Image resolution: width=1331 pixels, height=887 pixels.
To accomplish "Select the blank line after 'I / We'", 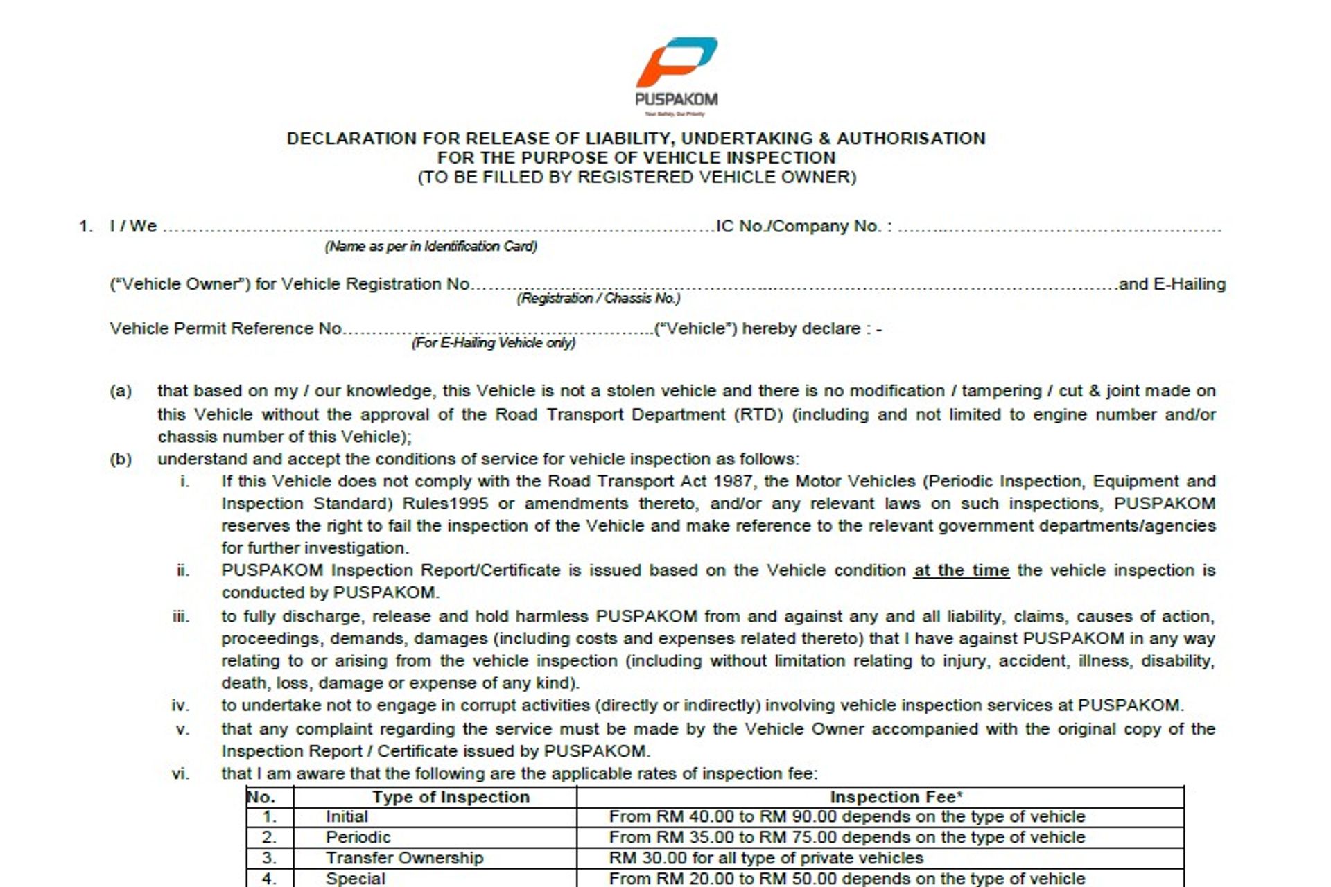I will (x=437, y=227).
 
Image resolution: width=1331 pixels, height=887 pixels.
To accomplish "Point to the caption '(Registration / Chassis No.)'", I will (x=598, y=299).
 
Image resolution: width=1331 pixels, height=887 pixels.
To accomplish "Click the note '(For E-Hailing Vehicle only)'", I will (x=494, y=343).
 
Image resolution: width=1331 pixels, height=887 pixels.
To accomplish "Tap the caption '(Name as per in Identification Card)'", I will (x=430, y=247).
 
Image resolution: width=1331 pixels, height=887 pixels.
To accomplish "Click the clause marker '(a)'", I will (x=121, y=391).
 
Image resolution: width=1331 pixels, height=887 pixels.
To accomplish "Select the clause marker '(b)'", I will (x=121, y=459).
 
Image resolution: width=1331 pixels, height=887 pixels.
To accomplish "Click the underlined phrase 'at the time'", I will (x=961, y=570).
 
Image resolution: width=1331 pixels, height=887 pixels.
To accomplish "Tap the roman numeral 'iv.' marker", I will (x=180, y=705).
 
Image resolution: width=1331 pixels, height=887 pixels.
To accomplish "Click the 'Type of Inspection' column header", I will (x=451, y=797).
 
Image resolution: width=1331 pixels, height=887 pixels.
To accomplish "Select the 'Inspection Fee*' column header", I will (x=896, y=797).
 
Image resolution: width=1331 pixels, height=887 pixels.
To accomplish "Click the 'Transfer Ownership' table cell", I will (x=404, y=858).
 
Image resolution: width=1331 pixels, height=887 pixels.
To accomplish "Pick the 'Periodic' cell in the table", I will (x=358, y=837).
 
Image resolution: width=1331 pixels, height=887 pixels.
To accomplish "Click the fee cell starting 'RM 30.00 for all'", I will (x=766, y=858).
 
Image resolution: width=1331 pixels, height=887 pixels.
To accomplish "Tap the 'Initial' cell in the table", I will (x=347, y=817).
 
